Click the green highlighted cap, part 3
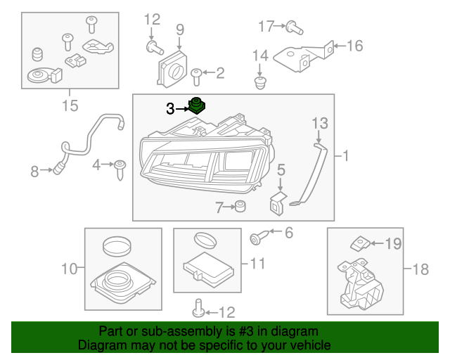click(x=197, y=106)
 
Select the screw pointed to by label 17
click(x=293, y=28)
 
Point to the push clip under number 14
click(x=260, y=84)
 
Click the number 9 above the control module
click(x=180, y=30)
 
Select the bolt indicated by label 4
click(x=121, y=167)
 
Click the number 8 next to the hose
click(x=34, y=169)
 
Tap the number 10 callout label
click(x=69, y=268)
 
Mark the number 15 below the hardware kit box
click(x=70, y=106)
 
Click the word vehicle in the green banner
click(x=307, y=345)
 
